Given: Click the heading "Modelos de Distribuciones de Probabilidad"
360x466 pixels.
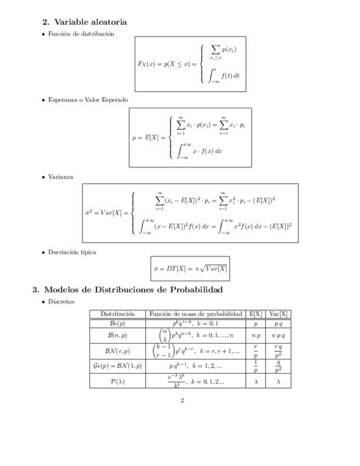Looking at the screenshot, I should [x=133, y=290].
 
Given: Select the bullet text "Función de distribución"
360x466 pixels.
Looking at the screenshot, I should [x=81, y=34].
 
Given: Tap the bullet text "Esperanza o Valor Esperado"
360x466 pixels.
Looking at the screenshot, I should [x=87, y=101].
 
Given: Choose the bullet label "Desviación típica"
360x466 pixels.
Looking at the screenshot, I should [x=72, y=252].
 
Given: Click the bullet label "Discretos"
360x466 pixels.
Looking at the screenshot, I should [x=62, y=302].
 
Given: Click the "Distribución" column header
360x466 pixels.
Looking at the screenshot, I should [x=117, y=314].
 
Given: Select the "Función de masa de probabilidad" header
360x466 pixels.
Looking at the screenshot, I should [x=196, y=314].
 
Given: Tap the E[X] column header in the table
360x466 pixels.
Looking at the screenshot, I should [x=255, y=314].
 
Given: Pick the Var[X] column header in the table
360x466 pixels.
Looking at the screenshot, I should [x=278, y=314].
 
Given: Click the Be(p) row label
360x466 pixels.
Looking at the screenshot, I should [x=117, y=324].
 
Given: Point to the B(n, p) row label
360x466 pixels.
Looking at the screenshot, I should [x=117, y=335].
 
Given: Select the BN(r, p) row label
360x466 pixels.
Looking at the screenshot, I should [x=117, y=350].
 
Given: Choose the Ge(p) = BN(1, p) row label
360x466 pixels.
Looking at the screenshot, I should [x=117, y=365].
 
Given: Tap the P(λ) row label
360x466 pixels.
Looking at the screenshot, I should [x=117, y=381].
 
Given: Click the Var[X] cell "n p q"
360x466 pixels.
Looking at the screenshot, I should [x=278, y=335].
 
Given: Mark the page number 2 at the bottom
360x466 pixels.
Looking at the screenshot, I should [x=182, y=400].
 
